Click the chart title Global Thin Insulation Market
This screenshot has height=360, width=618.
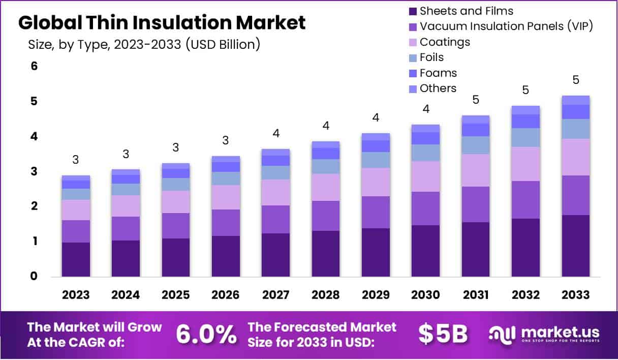162,23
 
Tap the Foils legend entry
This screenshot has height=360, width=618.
431,57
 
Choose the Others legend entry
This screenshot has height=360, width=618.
438,88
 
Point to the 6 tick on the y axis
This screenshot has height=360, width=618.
35,66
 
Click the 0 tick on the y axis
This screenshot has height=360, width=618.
35,277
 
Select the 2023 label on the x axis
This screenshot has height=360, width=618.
76,295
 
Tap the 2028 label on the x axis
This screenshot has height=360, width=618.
326,295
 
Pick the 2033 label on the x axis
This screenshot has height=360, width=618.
576,295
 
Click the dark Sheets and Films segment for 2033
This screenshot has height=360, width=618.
576,246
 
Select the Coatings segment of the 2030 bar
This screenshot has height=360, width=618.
425,176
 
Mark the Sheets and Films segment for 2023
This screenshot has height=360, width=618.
76,259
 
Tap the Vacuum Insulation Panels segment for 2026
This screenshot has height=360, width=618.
226,223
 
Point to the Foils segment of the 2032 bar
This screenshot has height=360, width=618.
526,138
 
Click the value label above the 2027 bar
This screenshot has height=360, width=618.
276,134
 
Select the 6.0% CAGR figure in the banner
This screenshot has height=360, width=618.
206,334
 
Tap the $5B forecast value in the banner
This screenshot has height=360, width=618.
443,334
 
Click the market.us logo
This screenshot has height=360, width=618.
544,334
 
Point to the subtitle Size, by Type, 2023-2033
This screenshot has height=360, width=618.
144,44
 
